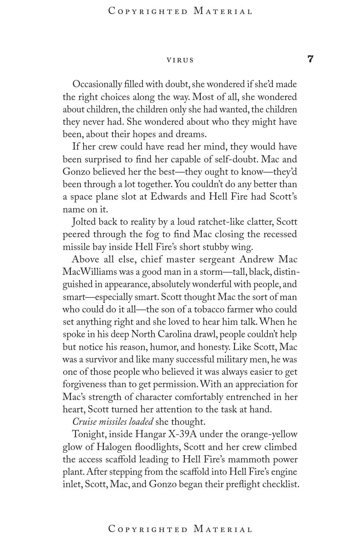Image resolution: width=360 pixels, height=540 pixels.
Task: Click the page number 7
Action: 310,59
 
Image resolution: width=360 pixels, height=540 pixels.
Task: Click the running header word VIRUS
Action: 180,60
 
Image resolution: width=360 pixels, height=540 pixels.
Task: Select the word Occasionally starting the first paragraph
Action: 97,85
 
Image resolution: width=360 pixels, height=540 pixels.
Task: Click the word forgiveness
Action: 84,384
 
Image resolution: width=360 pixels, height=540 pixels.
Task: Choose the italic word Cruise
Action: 84,422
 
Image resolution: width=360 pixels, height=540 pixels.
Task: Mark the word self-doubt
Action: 235,159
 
